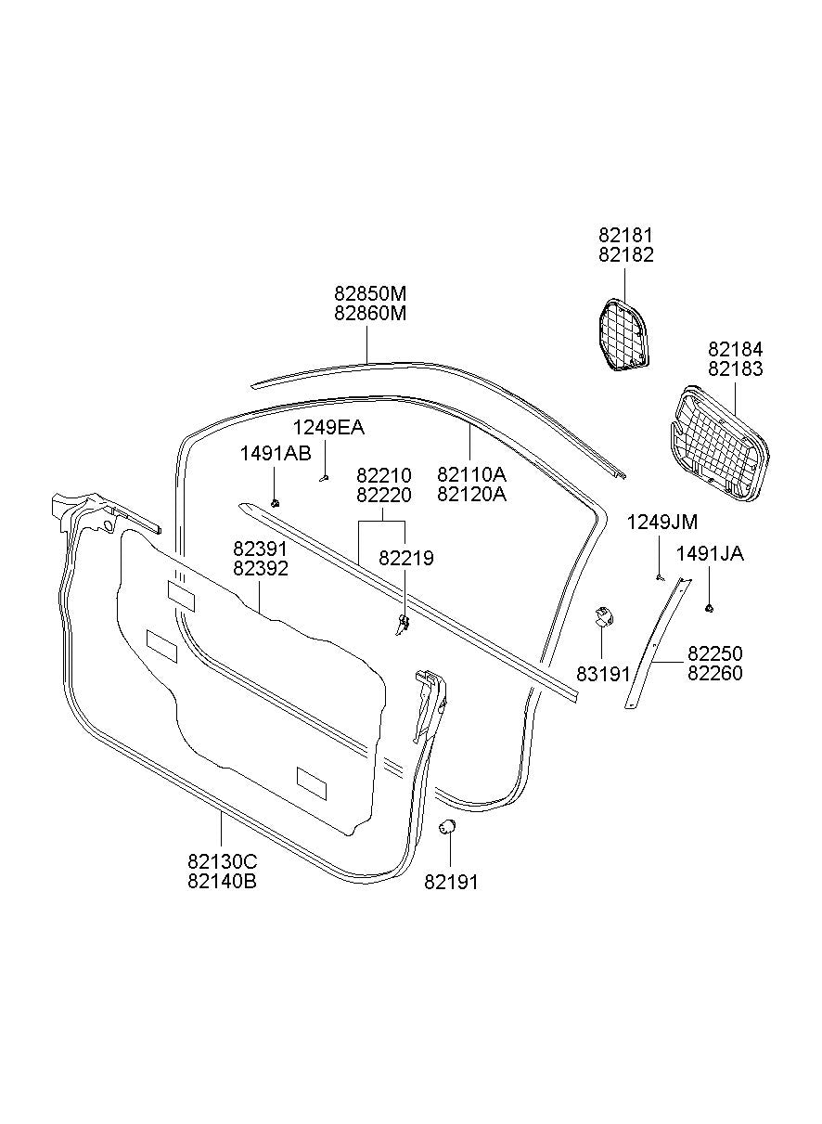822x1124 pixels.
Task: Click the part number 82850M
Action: (x=370, y=293)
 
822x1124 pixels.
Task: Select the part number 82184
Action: (x=735, y=349)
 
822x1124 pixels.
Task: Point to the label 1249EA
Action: (x=328, y=428)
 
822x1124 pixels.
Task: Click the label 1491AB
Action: (x=276, y=453)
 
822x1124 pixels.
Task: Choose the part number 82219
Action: (x=406, y=558)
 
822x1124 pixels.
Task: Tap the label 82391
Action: (x=260, y=549)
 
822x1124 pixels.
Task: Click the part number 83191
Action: (x=603, y=673)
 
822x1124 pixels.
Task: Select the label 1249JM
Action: (x=662, y=523)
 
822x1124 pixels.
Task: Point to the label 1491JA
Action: (x=710, y=554)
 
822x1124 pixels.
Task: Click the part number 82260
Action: (x=714, y=674)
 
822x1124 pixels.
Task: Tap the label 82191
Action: (x=451, y=882)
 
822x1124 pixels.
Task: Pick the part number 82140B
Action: (x=222, y=881)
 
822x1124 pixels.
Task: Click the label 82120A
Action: (x=472, y=494)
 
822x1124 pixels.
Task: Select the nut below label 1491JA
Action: (x=709, y=608)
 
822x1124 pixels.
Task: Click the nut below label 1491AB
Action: (x=276, y=502)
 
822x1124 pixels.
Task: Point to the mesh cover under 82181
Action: (x=621, y=334)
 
